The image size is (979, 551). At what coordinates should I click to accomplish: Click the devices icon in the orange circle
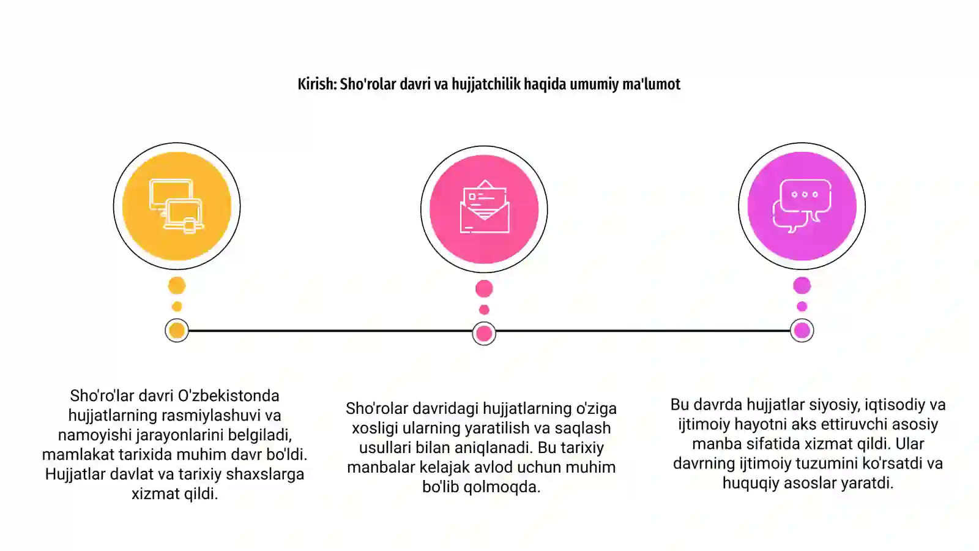tap(177, 206)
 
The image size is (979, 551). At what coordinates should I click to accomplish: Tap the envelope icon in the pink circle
tap(484, 206)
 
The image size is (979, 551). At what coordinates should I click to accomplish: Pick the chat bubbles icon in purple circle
tap(802, 206)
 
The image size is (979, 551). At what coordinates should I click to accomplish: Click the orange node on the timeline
tap(177, 331)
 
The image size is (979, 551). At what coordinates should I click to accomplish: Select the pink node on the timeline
tap(484, 334)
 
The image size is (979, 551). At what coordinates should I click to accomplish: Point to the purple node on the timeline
tap(802, 331)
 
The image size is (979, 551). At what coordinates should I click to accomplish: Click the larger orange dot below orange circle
tap(177, 285)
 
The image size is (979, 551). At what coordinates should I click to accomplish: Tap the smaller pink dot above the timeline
tap(484, 310)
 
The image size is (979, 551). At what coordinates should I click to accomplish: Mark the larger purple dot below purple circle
tap(802, 285)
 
